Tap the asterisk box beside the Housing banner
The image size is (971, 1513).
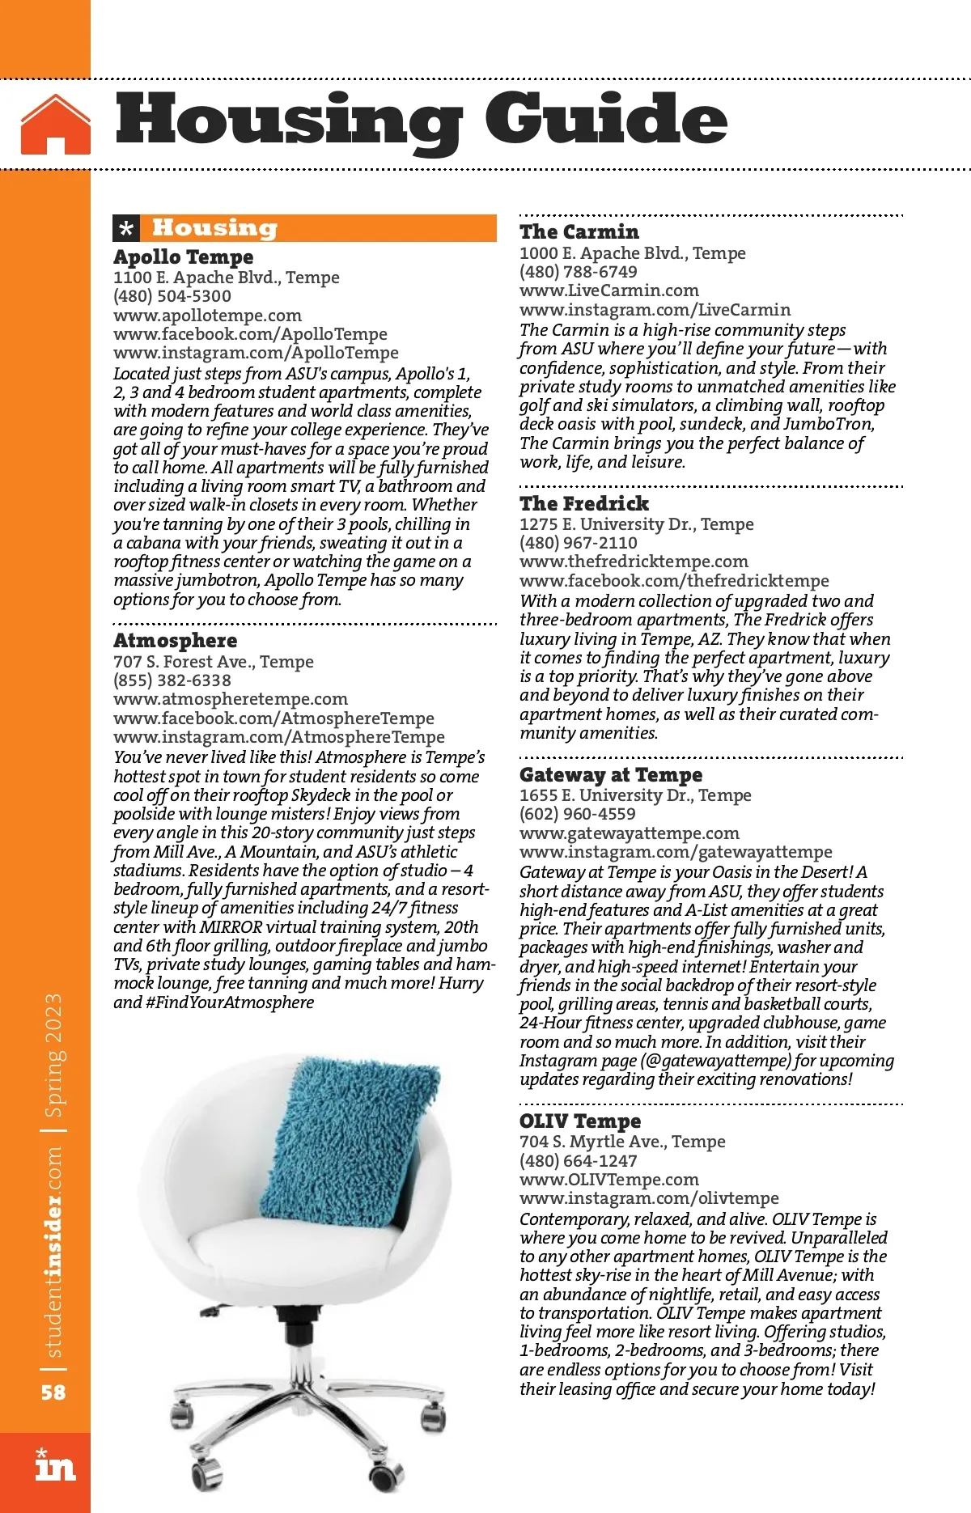point(126,229)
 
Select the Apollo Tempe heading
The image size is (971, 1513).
point(183,257)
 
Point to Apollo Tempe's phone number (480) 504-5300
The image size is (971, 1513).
point(172,296)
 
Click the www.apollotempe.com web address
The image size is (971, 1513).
point(207,316)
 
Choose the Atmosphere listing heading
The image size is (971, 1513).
point(175,641)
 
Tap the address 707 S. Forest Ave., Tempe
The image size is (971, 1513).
point(213,662)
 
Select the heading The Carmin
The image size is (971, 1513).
point(579,232)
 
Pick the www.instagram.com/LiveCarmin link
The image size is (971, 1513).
point(655,310)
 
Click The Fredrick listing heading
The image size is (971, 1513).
point(584,503)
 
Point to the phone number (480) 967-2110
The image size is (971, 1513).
point(578,543)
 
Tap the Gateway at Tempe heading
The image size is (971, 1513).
point(610,775)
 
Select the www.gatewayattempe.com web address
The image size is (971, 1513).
point(629,833)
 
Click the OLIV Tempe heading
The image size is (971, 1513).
point(579,1121)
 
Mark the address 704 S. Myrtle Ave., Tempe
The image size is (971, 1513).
point(621,1142)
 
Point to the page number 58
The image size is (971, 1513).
point(53,1392)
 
